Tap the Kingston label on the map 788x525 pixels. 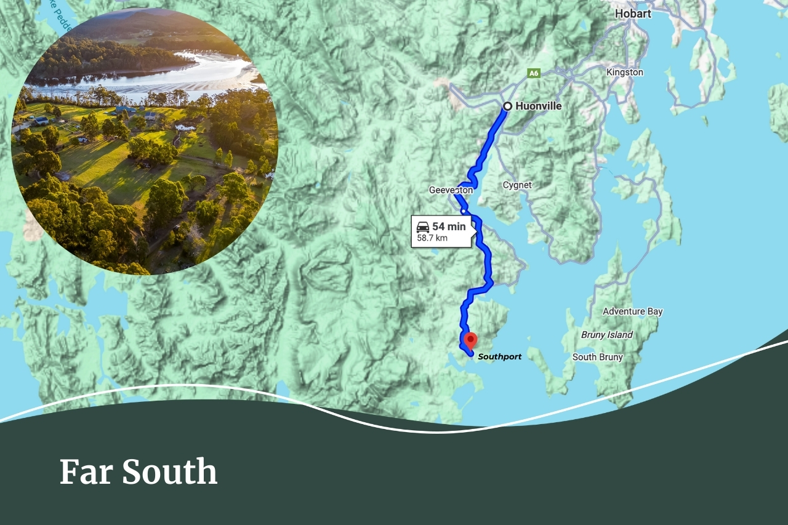pyautogui.click(x=624, y=72)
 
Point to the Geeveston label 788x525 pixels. pyautogui.click(x=451, y=190)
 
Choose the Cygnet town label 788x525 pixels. pyautogui.click(x=517, y=185)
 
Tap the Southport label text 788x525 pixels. pyautogui.click(x=499, y=357)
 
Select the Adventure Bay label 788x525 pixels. pyautogui.click(x=632, y=311)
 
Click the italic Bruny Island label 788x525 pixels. pyautogui.click(x=606, y=335)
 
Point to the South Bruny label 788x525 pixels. pyautogui.click(x=597, y=357)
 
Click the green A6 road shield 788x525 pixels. pyautogui.click(x=533, y=73)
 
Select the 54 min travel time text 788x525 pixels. pyautogui.click(x=449, y=226)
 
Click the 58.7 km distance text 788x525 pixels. pyautogui.click(x=432, y=238)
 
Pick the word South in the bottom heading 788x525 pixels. pyautogui.click(x=169, y=473)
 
